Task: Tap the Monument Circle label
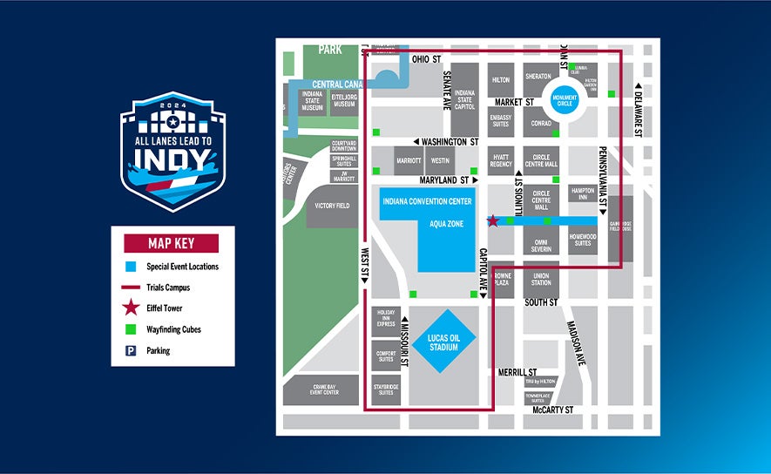(x=562, y=101)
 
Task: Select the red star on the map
(x=492, y=221)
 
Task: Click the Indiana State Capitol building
(x=464, y=99)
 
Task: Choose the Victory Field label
(x=332, y=207)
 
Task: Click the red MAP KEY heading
(x=172, y=243)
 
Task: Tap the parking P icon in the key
(x=131, y=350)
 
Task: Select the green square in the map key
(x=131, y=329)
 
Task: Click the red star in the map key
(x=131, y=308)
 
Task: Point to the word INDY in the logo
(x=172, y=161)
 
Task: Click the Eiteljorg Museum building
(x=343, y=101)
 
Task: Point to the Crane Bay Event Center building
(x=323, y=389)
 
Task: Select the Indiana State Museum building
(x=313, y=101)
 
